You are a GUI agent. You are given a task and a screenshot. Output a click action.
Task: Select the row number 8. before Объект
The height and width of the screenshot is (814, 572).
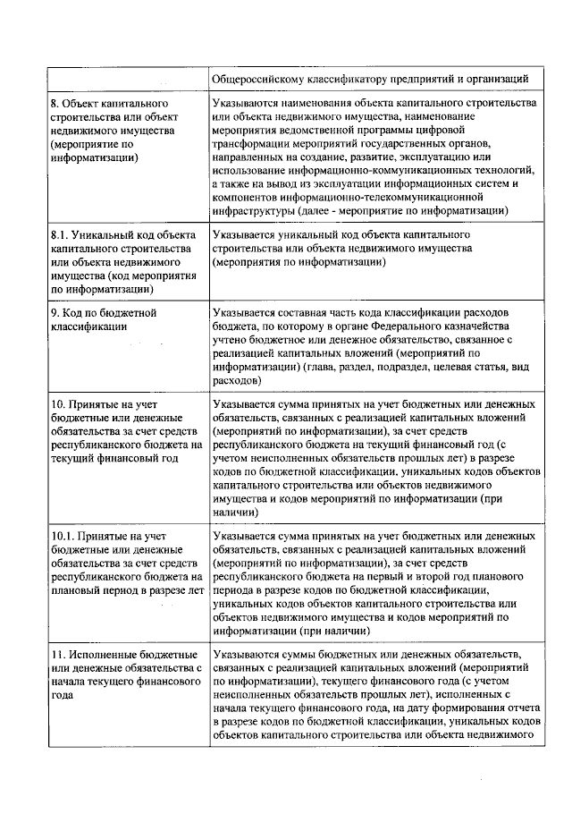tap(55, 104)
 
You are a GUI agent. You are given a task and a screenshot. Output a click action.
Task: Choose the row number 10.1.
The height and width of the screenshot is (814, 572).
tap(61, 535)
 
